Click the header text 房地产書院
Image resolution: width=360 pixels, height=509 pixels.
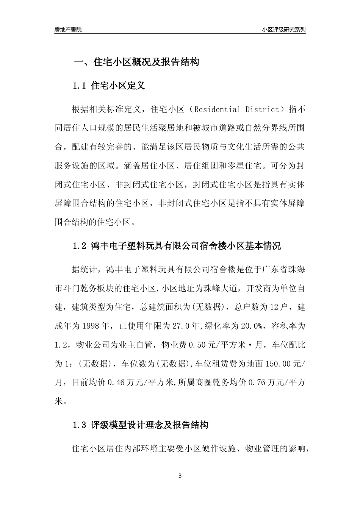(68, 30)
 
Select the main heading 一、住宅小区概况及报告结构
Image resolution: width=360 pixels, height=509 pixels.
(136, 62)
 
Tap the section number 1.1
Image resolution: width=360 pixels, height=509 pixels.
(80, 86)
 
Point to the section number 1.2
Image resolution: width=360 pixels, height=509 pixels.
(80, 246)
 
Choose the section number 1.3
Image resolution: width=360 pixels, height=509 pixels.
(80, 425)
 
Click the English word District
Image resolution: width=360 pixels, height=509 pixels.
(262, 109)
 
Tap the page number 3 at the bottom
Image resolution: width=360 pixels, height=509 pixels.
(180, 476)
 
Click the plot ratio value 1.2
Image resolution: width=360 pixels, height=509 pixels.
(61, 345)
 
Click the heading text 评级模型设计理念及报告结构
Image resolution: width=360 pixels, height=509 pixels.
(150, 425)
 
